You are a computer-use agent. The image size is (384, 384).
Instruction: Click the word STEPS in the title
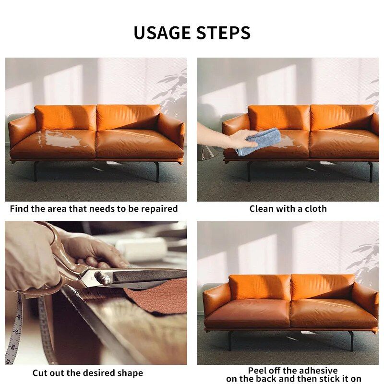[224, 33]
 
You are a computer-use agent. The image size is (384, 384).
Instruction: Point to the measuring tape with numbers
[17, 331]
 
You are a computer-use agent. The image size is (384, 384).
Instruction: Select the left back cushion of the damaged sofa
[65, 118]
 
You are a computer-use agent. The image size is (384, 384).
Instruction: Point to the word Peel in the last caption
[258, 370]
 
